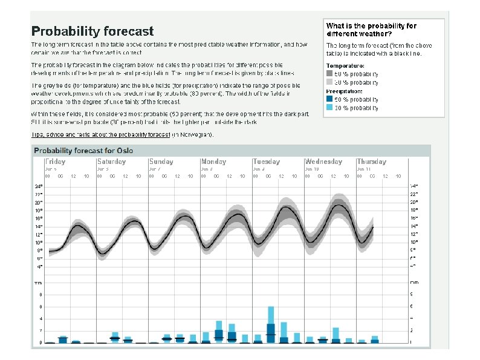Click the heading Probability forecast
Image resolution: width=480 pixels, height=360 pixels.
coord(92,31)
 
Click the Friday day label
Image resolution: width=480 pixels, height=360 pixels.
coord(56,162)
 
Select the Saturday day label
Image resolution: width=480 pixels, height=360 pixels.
coord(111,162)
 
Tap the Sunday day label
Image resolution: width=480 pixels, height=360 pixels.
coord(161,162)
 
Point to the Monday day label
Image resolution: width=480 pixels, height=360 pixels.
coord(214,162)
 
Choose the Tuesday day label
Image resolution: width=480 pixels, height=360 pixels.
coord(267,162)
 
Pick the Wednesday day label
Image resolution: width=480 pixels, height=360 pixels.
coord(323,162)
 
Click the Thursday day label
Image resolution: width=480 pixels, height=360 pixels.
coord(371,162)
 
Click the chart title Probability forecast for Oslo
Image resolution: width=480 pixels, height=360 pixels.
coord(83,151)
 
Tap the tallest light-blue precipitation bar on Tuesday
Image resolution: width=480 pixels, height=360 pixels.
coord(271,316)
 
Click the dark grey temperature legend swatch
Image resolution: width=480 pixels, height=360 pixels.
coord(329,73)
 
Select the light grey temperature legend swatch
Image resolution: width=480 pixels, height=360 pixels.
coord(329,82)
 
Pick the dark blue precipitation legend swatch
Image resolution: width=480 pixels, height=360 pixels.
coord(329,99)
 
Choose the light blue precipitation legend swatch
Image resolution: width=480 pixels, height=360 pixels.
coord(329,108)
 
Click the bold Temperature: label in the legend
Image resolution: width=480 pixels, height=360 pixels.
coord(345,65)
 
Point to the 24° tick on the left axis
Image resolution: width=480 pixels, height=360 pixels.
coord(39,186)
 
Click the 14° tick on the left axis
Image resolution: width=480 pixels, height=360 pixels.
coord(39,226)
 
